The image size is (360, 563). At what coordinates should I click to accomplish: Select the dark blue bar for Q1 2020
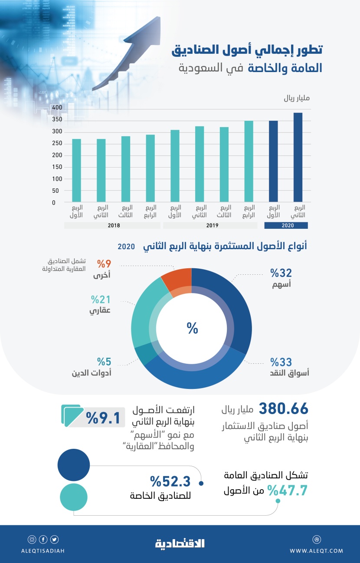[x=273, y=161]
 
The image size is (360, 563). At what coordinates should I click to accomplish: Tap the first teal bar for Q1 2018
[x=76, y=171]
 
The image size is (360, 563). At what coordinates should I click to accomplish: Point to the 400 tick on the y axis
[x=57, y=108]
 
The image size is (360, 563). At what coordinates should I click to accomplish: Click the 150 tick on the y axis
[x=57, y=167]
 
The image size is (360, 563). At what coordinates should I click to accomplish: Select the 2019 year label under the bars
[x=212, y=225]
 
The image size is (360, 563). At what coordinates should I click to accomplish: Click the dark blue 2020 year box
[x=286, y=225]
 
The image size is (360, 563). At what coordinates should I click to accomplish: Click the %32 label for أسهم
[x=281, y=273]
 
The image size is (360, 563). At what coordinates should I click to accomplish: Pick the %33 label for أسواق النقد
[x=281, y=362]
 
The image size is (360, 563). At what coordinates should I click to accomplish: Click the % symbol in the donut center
[x=192, y=329]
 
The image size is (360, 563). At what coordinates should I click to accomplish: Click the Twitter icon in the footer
[x=54, y=540]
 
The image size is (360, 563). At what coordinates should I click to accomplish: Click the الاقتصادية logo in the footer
[x=180, y=543]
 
